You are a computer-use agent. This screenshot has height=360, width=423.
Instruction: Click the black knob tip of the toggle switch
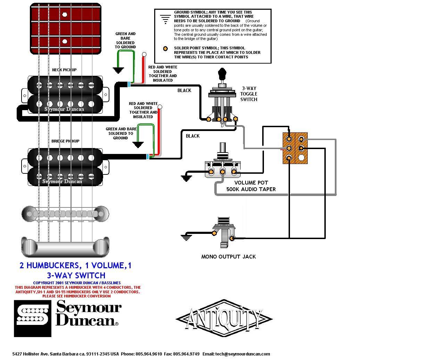[x=222, y=74]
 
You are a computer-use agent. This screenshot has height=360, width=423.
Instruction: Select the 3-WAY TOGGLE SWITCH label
[x=249, y=94]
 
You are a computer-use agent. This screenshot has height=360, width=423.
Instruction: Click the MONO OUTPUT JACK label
[x=229, y=256]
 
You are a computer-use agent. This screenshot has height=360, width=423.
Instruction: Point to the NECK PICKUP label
[x=64, y=70]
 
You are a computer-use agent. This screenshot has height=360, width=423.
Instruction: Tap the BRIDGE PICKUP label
[x=65, y=141]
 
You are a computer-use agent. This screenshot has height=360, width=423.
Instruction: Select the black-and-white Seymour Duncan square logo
[x=33, y=319]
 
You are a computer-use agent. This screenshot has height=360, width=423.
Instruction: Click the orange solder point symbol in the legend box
[x=165, y=49]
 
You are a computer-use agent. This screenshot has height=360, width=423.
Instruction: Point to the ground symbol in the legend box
[x=165, y=19]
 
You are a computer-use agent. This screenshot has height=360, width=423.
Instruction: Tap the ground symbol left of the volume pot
[x=186, y=178]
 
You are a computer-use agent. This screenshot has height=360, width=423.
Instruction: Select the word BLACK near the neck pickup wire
[x=184, y=90]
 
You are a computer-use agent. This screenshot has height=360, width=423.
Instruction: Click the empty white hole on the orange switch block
[x=301, y=158]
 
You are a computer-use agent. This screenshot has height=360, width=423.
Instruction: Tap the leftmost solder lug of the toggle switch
[x=209, y=119]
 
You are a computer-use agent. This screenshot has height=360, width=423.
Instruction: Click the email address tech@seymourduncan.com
[x=242, y=354]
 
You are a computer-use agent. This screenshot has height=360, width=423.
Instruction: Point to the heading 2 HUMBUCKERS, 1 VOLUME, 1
[x=75, y=265]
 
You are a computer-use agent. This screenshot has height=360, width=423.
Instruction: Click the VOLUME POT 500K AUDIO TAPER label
[x=251, y=186]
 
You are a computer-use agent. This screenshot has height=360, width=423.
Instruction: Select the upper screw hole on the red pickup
[x=65, y=15]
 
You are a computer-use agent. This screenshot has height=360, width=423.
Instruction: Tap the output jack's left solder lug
[x=214, y=233]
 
